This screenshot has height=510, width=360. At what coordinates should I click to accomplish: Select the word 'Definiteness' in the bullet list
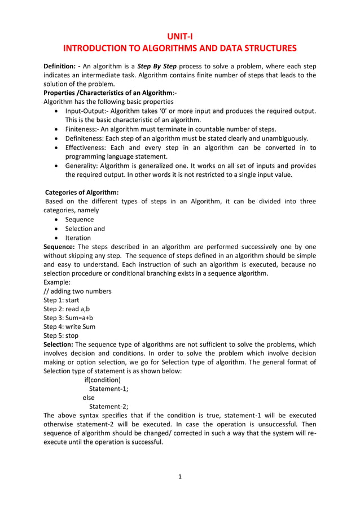87,138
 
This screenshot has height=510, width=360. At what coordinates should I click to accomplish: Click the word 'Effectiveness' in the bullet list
88,147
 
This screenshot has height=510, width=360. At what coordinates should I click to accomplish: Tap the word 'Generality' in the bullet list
84,165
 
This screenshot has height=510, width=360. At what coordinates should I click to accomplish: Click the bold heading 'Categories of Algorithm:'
82,193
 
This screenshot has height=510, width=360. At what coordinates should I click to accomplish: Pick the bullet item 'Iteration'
78,238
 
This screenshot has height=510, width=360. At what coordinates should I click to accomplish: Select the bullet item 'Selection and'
85,229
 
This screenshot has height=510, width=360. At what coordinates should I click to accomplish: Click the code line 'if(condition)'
102,380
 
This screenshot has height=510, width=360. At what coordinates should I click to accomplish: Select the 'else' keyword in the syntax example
89,398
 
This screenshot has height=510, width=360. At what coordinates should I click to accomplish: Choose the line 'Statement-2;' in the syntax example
109,407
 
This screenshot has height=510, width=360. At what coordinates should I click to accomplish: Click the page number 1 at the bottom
179,477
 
